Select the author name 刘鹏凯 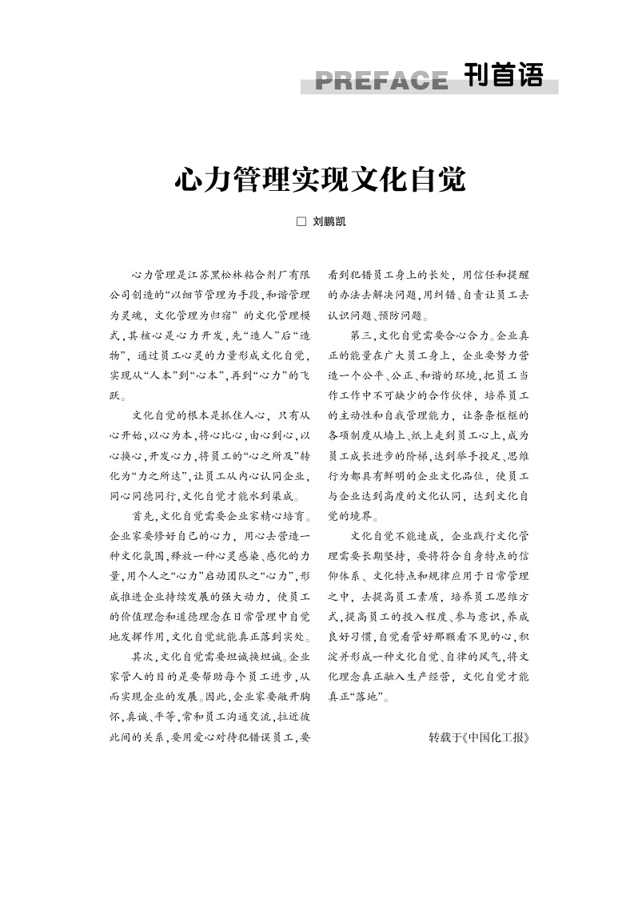328,222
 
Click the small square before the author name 301,222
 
